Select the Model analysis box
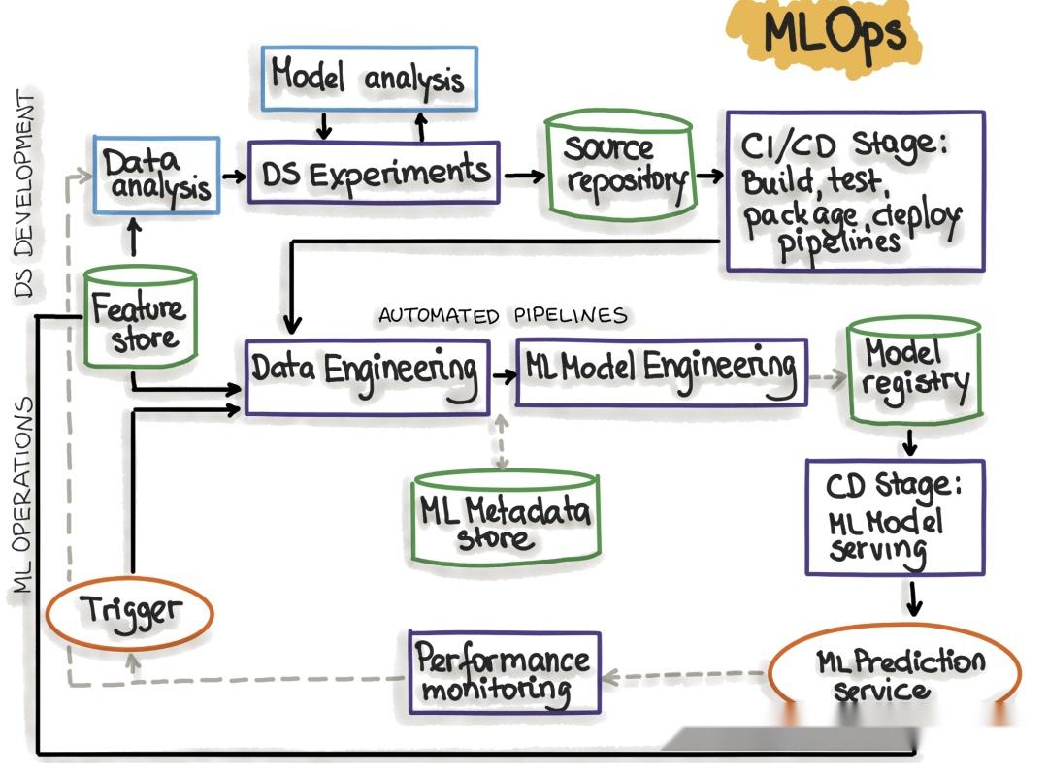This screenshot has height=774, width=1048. (x=369, y=79)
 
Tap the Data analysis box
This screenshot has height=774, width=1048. (x=156, y=175)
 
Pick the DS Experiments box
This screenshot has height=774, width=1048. (x=374, y=173)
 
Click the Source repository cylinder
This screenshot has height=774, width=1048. (x=621, y=166)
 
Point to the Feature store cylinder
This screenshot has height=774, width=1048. (x=140, y=318)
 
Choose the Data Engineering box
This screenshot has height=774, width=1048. (x=368, y=377)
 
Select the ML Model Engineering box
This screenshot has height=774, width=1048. (x=662, y=372)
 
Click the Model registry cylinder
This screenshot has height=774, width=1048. (x=914, y=371)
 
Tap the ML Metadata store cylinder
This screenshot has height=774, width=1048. (x=506, y=517)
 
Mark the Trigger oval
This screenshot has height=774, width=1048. (x=130, y=613)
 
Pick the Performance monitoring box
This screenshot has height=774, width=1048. (x=505, y=672)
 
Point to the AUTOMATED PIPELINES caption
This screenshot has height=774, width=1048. (x=503, y=316)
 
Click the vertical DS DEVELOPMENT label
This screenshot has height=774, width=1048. (x=24, y=194)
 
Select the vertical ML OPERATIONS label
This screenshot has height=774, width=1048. (x=22, y=495)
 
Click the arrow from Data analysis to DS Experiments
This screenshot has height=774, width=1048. (x=234, y=177)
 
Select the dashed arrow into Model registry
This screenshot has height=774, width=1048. (x=828, y=378)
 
